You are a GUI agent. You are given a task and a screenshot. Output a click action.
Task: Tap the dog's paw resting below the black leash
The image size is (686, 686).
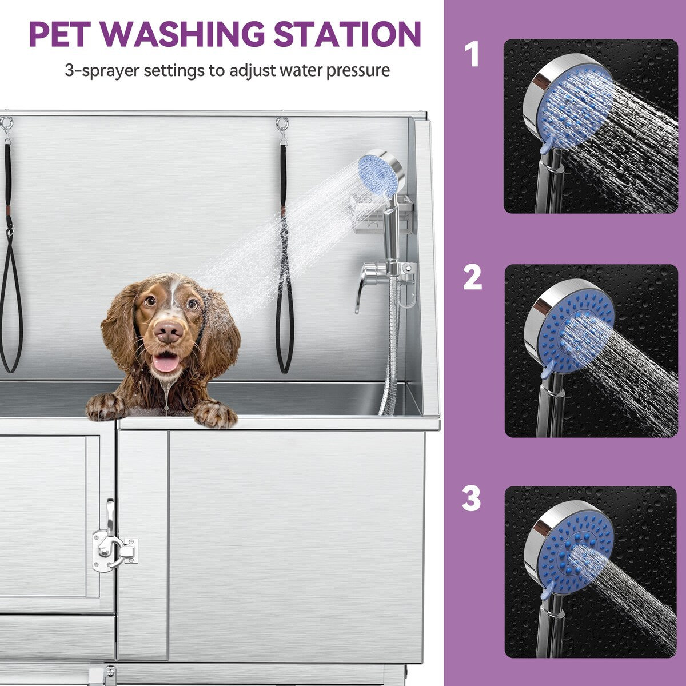click(x=216, y=413)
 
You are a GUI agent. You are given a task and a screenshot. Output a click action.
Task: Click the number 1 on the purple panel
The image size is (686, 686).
click(x=472, y=55)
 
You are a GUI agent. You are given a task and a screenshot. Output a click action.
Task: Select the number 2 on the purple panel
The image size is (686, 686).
click(x=472, y=278)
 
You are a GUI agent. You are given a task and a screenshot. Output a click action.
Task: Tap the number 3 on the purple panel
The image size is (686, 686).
click(x=472, y=498)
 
